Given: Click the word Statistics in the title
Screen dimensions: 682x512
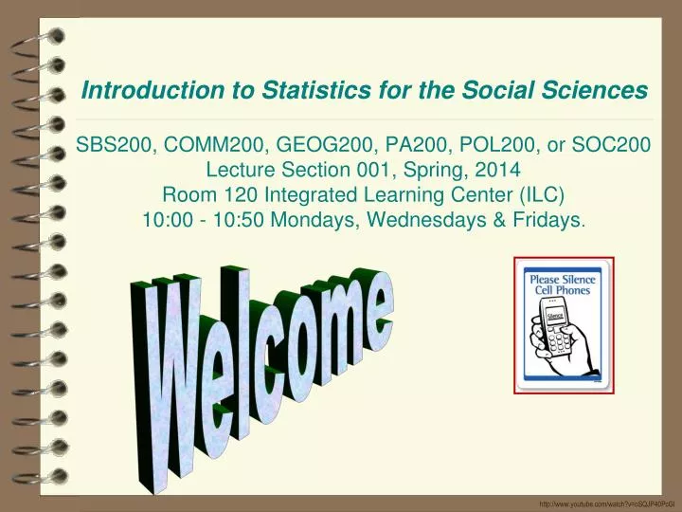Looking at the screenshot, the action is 316,90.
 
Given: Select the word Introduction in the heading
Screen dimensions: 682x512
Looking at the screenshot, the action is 153,90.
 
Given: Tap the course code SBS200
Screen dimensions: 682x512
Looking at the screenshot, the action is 113,144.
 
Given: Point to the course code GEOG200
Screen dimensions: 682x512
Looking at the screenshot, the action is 326,144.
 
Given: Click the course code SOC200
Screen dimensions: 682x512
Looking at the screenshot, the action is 611,144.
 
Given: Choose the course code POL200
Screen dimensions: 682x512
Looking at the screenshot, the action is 496,144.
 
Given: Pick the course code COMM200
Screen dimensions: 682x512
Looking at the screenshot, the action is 213,144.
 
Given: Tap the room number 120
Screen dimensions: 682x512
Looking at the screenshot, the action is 241,194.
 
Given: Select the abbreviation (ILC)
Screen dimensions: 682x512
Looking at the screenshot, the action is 542,194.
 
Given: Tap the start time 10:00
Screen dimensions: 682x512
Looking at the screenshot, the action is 168,220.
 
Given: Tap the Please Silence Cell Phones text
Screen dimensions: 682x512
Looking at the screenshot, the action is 563,284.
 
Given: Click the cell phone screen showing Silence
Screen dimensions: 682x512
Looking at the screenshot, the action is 554,316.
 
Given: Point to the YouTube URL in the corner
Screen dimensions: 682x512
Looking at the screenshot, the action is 609,504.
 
